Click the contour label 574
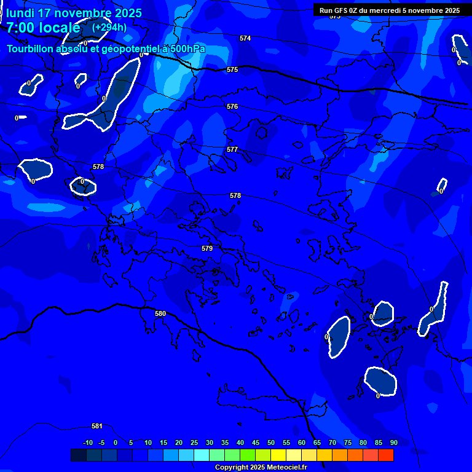click(245, 38)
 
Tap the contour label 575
click(232, 70)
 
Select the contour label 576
click(232, 106)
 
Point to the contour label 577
click(232, 149)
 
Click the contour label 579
click(207, 248)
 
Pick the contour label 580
click(160, 313)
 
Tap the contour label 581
click(97, 426)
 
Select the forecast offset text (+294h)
click(109, 27)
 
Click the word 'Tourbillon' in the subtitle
click(36, 49)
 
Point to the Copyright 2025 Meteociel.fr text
click(261, 468)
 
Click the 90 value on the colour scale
click(393, 442)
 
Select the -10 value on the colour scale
click(88, 442)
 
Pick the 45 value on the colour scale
click(256, 442)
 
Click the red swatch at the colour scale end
click(385, 455)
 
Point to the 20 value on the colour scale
click(179, 442)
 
